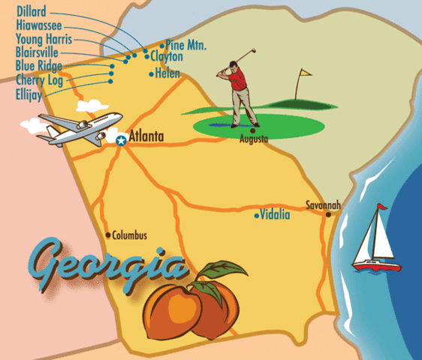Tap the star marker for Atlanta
(121, 139)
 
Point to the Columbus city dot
(108, 234)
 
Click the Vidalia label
(276, 215)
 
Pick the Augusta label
(254, 139)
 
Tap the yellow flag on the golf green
(305, 74)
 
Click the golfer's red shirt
(240, 79)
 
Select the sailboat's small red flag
(381, 206)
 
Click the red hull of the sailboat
(377, 265)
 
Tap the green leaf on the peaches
(225, 270)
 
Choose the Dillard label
(32, 12)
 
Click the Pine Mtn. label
(185, 46)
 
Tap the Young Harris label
(44, 39)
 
